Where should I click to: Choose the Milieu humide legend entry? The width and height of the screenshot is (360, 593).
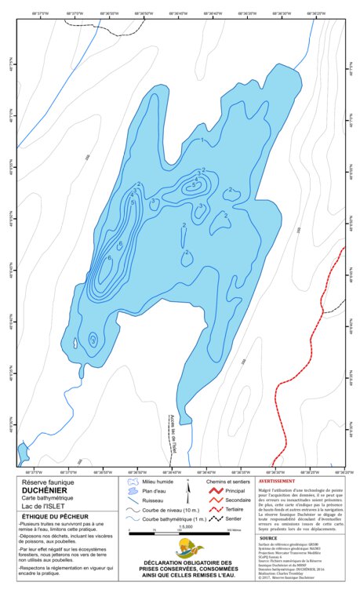(x=155, y=481)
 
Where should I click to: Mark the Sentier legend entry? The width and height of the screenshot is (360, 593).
(x=234, y=518)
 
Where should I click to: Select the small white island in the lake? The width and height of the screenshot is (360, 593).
(x=75, y=343)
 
